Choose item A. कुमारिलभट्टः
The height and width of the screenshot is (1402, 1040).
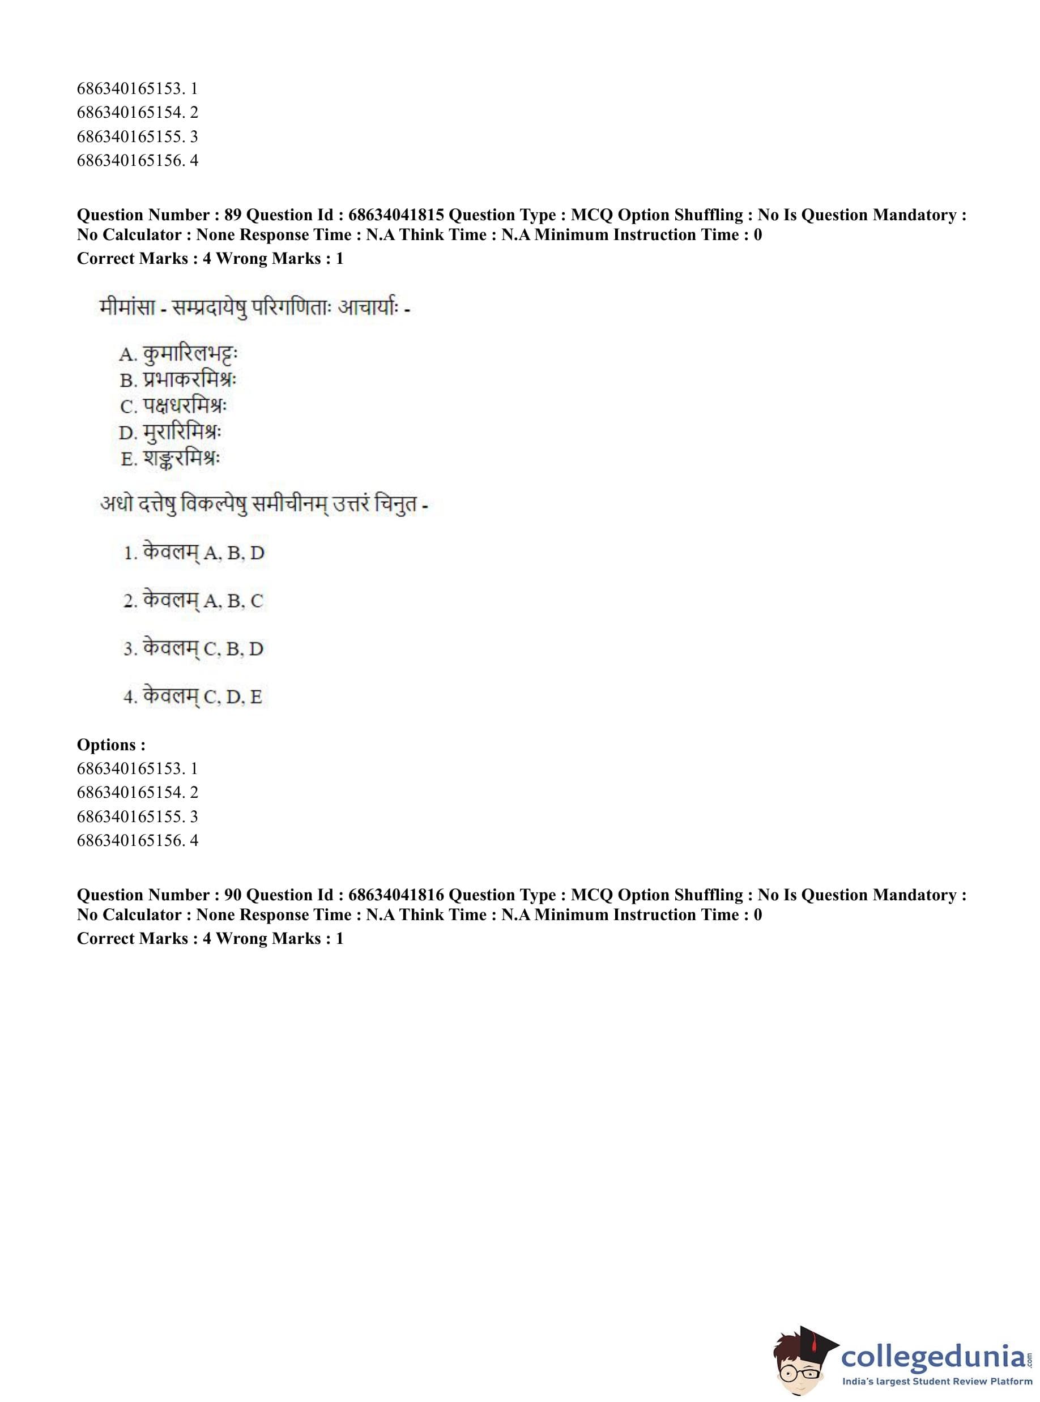click(x=178, y=354)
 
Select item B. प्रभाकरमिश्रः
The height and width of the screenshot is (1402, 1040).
click(x=178, y=380)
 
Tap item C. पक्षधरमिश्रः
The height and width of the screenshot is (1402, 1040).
click(x=174, y=407)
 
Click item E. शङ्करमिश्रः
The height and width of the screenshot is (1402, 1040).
click(x=171, y=459)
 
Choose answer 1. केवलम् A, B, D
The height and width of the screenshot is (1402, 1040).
click(x=194, y=553)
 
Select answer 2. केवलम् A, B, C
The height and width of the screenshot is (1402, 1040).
click(x=193, y=600)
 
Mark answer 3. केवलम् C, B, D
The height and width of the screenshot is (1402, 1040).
click(x=193, y=648)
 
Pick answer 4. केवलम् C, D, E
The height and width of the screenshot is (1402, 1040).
click(x=193, y=696)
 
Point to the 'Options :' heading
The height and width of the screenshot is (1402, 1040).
click(x=111, y=745)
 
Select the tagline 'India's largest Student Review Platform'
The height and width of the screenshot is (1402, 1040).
click(x=937, y=1382)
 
